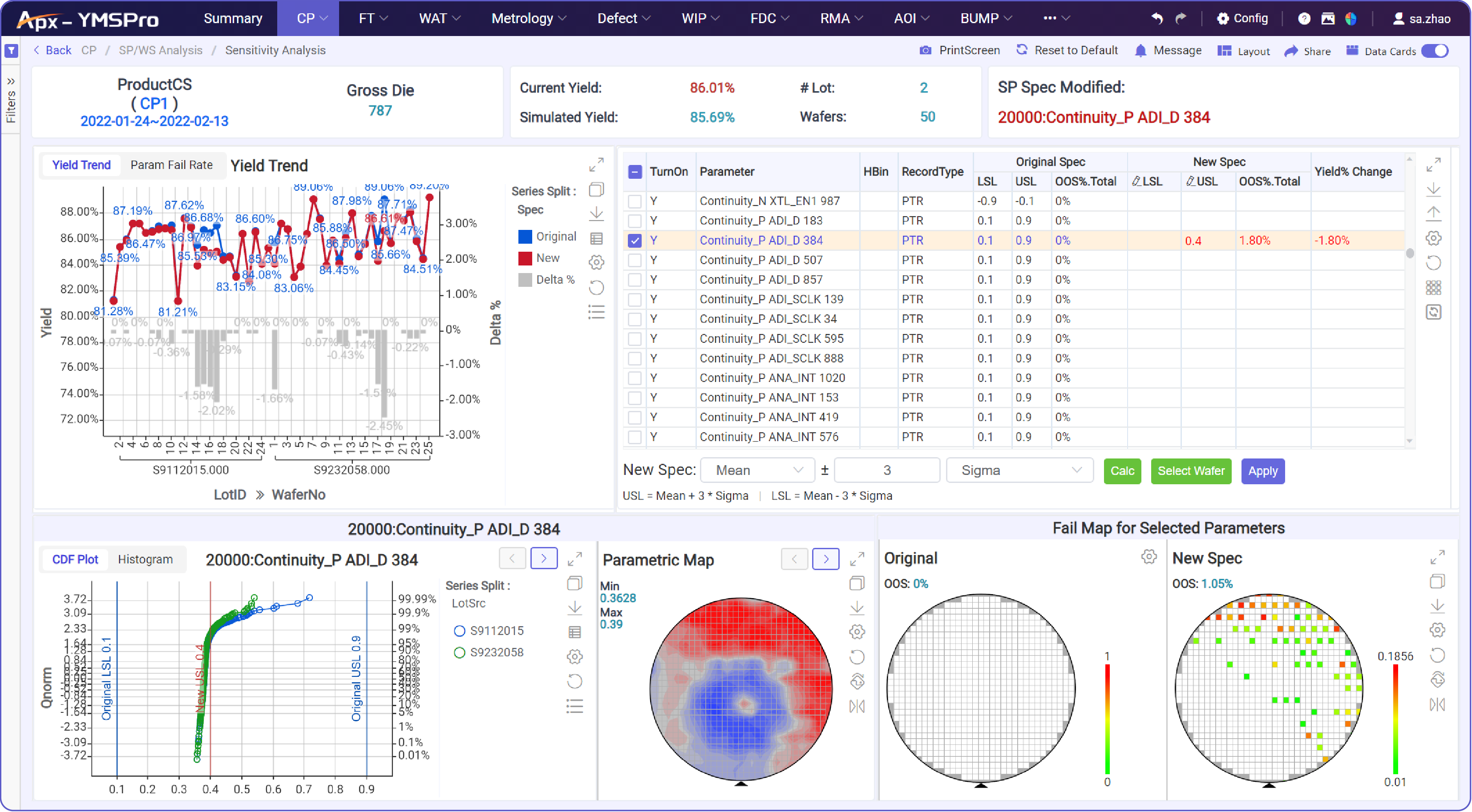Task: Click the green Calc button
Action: click(1122, 471)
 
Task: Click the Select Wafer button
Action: click(1191, 471)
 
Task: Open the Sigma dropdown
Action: click(1019, 470)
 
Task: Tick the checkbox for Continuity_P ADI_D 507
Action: click(634, 261)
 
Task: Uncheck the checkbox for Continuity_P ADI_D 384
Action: click(634, 241)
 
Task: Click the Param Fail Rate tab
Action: click(171, 165)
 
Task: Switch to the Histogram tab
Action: click(145, 559)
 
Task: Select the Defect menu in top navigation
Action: click(623, 18)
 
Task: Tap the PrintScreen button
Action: click(960, 50)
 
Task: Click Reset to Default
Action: click(1067, 50)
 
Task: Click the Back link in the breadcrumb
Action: click(53, 50)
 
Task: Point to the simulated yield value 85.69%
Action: click(712, 117)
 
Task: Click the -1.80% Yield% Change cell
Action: click(1332, 241)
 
